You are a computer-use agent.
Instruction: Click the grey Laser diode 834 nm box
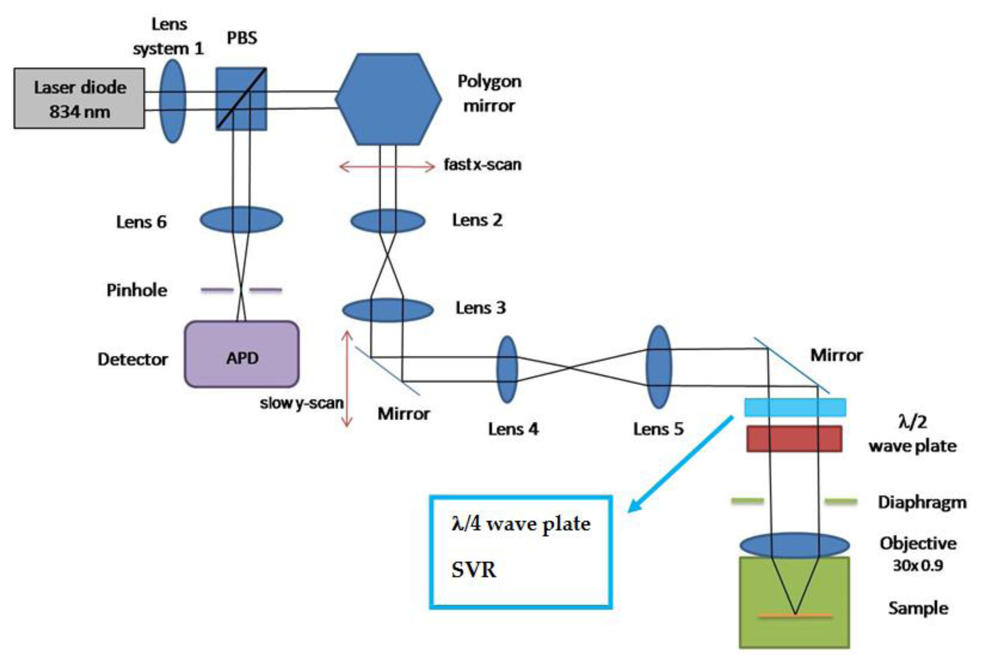click(79, 98)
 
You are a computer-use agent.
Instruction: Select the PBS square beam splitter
click(241, 99)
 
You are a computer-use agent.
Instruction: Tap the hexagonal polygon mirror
click(388, 99)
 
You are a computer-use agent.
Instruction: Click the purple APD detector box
click(241, 354)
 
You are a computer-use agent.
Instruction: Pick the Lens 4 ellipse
click(507, 369)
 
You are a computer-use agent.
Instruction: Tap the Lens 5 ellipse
click(659, 366)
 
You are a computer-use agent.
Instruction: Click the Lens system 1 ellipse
click(172, 101)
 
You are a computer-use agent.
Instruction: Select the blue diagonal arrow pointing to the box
click(679, 464)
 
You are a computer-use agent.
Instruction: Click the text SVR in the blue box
click(474, 569)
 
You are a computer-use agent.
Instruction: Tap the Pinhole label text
click(136, 290)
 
